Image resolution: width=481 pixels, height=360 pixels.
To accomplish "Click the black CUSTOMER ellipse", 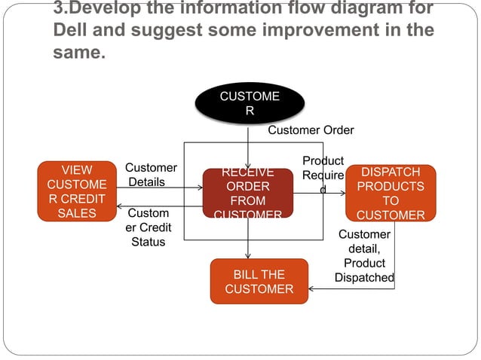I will point(249,104).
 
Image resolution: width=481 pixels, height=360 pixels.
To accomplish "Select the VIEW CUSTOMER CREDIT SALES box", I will point(78,192).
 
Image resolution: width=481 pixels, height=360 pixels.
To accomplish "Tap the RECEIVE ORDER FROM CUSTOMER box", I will point(247,194).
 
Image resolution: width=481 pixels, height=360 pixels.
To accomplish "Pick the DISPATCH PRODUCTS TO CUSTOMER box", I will point(390,194).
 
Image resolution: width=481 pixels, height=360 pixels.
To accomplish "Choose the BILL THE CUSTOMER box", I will point(259,282).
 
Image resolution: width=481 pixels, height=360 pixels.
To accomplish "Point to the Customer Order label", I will point(311,130).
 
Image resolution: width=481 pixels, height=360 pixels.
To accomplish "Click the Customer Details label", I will point(150,175).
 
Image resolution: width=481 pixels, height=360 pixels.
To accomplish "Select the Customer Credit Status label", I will point(149,227).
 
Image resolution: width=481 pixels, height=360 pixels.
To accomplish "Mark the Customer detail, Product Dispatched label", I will point(365,256).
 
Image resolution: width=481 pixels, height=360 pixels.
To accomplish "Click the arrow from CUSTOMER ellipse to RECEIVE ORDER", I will point(248,147).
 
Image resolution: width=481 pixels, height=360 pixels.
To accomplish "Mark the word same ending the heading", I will point(79,54).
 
